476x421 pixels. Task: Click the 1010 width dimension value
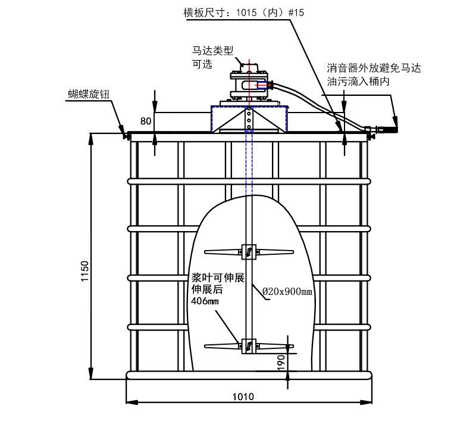243,397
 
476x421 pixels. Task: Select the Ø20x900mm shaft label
288,291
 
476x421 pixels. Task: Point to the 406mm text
205,301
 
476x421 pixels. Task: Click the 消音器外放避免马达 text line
374,68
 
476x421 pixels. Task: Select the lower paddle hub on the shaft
248,345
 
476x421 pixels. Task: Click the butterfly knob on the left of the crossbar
126,135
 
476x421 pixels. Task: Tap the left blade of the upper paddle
223,252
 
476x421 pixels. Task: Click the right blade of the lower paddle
274,345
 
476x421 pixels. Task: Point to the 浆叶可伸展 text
217,277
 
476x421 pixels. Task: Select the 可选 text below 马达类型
202,64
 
